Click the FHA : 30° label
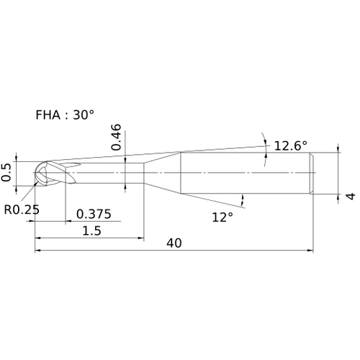click(65, 114)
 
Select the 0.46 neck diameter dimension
click(116, 137)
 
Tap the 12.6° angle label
click(290, 145)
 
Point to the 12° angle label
click(222, 217)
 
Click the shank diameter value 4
click(351, 196)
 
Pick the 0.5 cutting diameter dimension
click(6, 172)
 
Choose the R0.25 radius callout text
click(22, 210)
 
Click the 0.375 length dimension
click(94, 214)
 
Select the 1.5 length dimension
click(92, 230)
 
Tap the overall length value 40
click(174, 243)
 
